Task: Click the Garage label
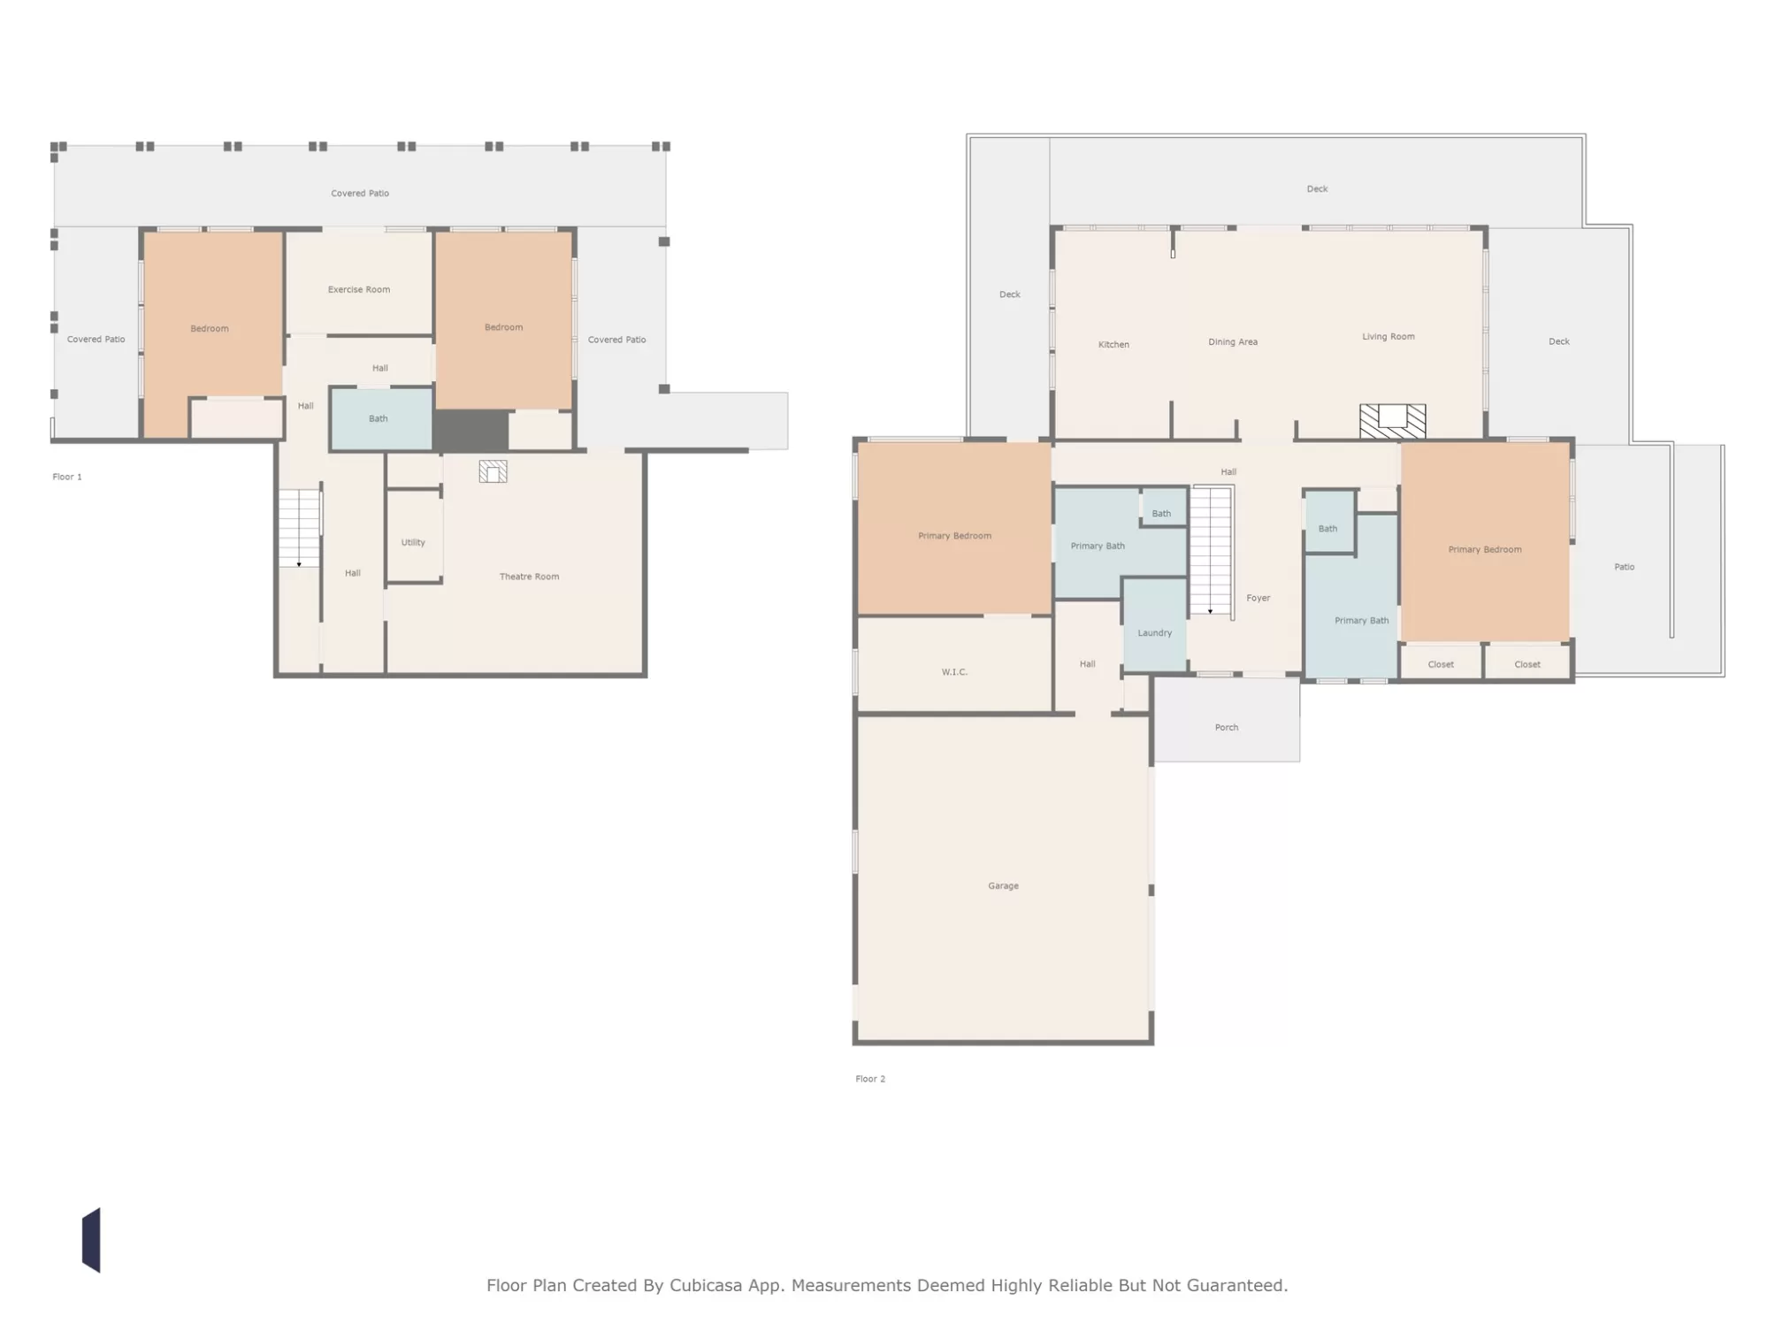coord(1003,885)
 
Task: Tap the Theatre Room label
coord(529,577)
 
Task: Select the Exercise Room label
coord(358,289)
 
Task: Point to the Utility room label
coord(413,542)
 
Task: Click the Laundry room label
coord(1154,633)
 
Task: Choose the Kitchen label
coord(1113,344)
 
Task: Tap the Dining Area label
coord(1233,341)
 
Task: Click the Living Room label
coord(1389,336)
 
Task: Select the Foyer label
coord(1258,598)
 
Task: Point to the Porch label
coord(1226,727)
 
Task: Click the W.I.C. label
coord(954,672)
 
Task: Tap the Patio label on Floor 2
coord(1624,567)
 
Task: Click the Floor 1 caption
coord(67,477)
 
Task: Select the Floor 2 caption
coord(870,1079)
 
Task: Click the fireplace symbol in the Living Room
coord(1392,421)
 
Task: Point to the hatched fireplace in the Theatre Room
coord(493,471)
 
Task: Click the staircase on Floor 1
coord(299,528)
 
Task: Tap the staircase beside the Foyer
coord(1211,550)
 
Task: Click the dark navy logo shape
coord(91,1240)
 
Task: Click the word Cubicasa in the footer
coord(706,1285)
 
